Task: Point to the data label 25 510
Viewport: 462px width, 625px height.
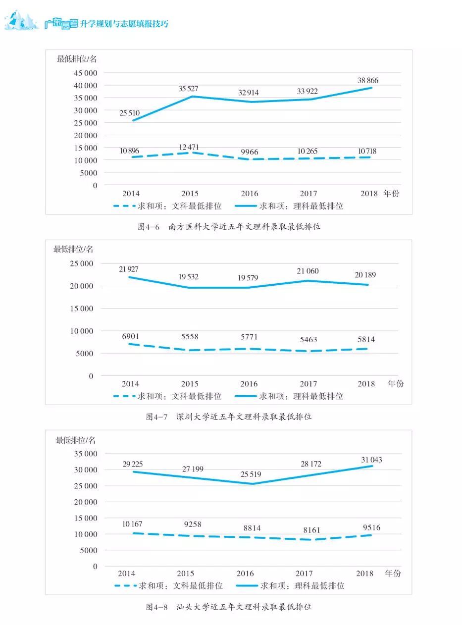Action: point(130,113)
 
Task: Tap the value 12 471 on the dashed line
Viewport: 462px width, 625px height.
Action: point(189,147)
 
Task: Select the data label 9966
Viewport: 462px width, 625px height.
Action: point(249,152)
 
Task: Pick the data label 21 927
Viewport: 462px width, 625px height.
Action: point(129,269)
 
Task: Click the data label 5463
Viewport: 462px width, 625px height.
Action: point(308,340)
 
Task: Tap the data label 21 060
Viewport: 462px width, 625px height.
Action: point(308,271)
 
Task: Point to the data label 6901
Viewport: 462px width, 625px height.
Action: point(130,337)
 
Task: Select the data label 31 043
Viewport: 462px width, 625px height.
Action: point(371,460)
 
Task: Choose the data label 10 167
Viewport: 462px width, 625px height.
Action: point(132,524)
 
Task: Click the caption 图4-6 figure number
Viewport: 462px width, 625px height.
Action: point(149,227)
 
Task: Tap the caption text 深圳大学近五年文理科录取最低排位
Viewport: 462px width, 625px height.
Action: point(244,417)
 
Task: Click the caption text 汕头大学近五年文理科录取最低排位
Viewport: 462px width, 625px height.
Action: point(244,607)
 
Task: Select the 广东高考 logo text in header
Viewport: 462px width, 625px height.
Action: point(61,23)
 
